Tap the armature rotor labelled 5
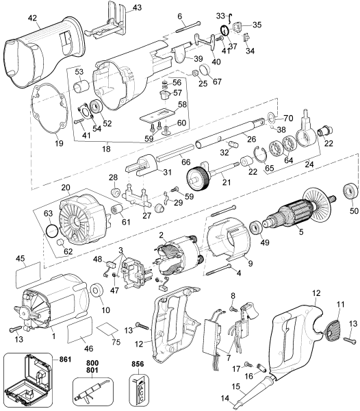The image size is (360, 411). pyautogui.click(x=294, y=215)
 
